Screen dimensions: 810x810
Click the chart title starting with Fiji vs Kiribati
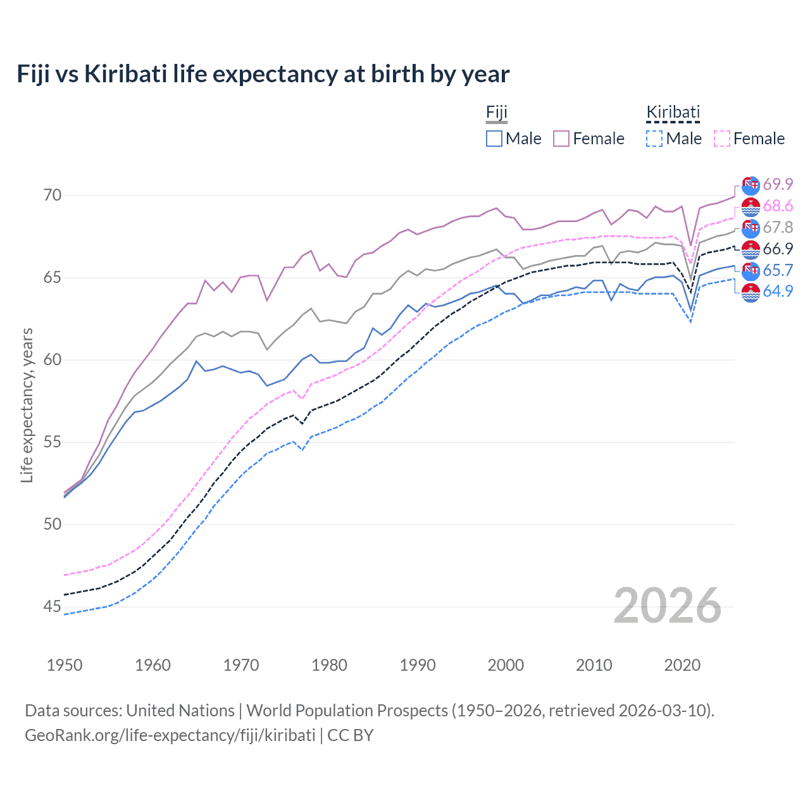(x=263, y=74)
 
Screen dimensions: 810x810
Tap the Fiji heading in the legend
(x=497, y=113)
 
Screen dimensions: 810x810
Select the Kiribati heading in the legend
(x=673, y=113)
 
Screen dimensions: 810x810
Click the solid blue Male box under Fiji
(x=494, y=139)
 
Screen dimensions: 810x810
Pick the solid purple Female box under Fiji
(x=561, y=139)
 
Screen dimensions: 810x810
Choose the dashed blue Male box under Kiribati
(x=654, y=139)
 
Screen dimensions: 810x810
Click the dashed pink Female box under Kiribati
(x=722, y=139)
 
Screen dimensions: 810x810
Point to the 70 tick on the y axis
(x=53, y=195)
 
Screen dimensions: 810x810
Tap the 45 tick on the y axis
(x=53, y=606)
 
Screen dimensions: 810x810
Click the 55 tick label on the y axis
(x=53, y=442)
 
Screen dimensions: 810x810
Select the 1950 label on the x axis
(x=65, y=665)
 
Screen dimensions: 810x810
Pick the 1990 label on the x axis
(x=418, y=665)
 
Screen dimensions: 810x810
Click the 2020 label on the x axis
(x=682, y=665)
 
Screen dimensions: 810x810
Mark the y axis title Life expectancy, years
(x=27, y=405)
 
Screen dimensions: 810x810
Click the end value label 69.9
(x=778, y=184)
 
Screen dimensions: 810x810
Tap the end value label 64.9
(x=778, y=292)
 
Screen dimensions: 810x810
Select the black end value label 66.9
(x=778, y=249)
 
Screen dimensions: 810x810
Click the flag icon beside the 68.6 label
(x=751, y=206)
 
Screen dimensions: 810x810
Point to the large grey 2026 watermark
(x=668, y=606)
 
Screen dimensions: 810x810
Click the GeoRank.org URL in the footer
(x=170, y=735)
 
